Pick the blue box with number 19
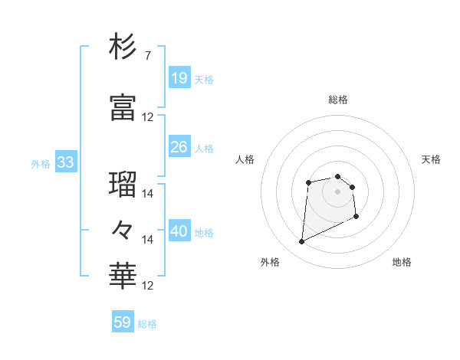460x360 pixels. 179,78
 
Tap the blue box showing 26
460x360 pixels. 179,147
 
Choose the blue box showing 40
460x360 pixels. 179,231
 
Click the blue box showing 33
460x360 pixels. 65,162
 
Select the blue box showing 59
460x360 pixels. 123,322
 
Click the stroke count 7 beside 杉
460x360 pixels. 147,56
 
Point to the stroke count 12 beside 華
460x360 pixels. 148,286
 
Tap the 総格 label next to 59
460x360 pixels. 147,324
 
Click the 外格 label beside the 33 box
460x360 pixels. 41,163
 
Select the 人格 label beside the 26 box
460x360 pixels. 204,149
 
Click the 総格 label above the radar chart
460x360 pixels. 338,100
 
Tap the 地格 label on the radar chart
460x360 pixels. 402,263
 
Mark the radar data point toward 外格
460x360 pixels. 301,242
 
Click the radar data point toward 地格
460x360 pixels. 356,217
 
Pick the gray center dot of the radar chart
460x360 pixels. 338,191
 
